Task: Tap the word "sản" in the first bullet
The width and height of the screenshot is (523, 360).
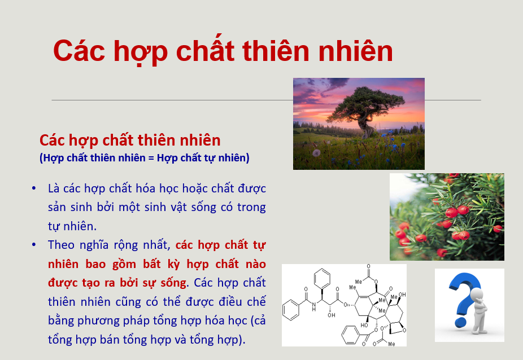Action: pyautogui.click(x=58, y=207)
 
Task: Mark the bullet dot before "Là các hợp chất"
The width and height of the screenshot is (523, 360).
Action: pyautogui.click(x=36, y=188)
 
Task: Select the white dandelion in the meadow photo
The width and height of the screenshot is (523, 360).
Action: pyautogui.click(x=316, y=153)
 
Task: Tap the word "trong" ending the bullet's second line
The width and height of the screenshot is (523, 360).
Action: pyautogui.click(x=251, y=207)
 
